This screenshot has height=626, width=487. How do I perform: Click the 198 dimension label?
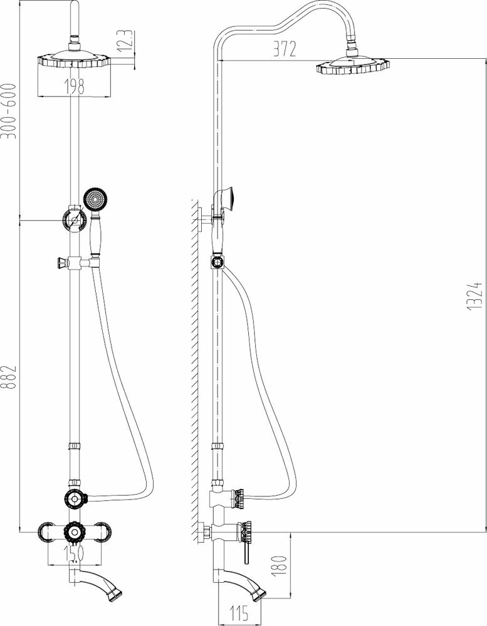pos(75,87)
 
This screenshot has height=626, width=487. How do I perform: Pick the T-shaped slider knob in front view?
pos(60,262)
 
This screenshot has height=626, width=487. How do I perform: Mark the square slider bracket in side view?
pos(217,262)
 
